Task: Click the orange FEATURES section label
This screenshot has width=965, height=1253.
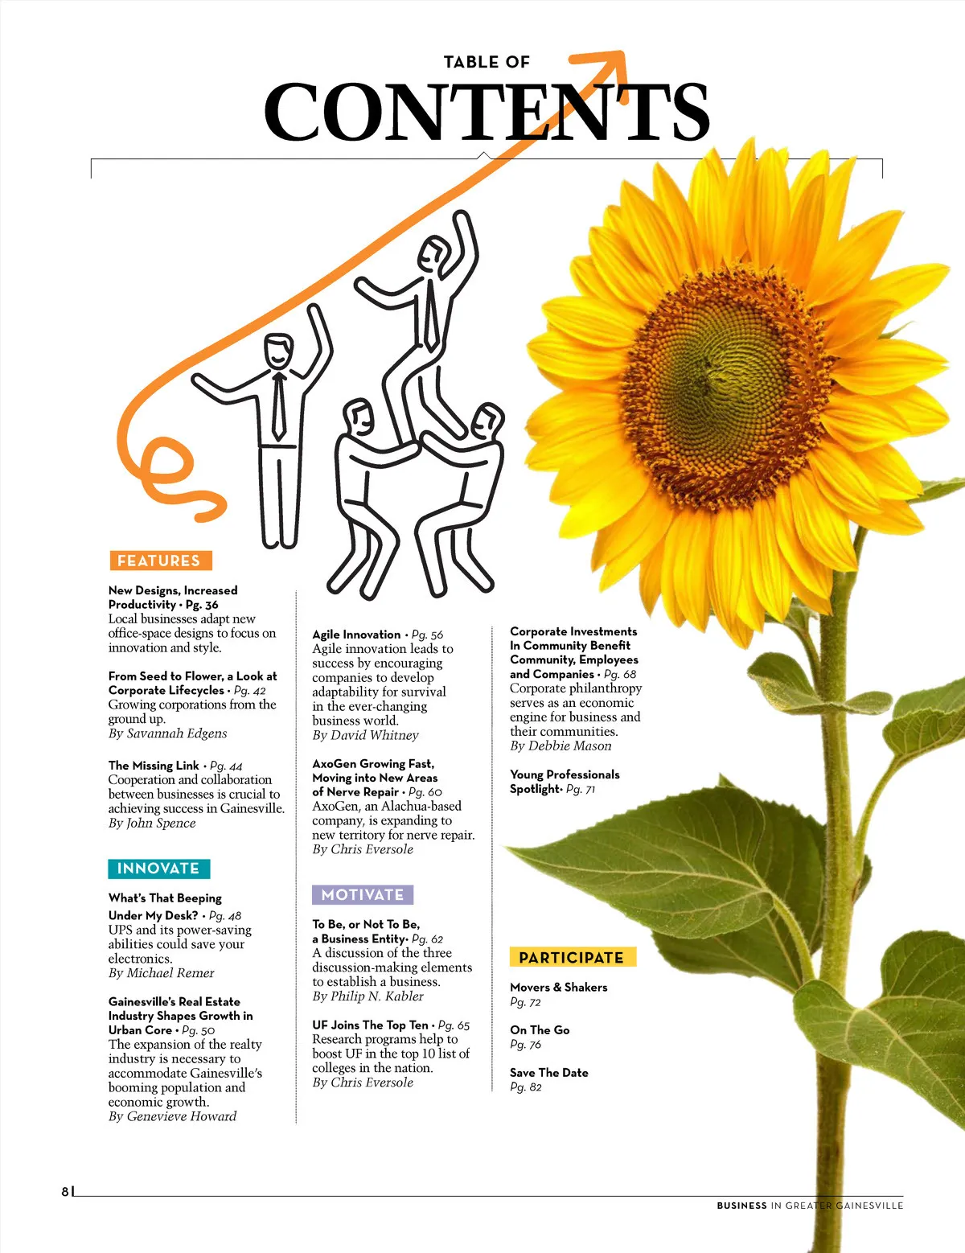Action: [160, 561]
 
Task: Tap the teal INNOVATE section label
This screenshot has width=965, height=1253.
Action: [158, 869]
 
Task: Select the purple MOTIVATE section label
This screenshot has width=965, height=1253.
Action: [363, 894]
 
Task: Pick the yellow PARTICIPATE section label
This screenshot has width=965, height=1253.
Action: [572, 957]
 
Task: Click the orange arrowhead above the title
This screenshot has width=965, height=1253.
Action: [611, 62]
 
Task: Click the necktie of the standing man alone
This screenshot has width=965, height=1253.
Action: [278, 406]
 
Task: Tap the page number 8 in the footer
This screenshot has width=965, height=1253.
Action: [65, 1192]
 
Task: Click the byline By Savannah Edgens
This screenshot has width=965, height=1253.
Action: [167, 733]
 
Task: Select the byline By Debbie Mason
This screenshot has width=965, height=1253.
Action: [561, 746]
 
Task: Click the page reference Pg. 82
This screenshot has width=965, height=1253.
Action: [526, 1087]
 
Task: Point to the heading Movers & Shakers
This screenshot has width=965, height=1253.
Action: [558, 987]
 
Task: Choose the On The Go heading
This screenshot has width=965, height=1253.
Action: [540, 1029]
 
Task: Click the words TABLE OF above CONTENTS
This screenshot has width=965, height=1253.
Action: [487, 62]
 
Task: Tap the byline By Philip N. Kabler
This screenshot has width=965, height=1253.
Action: [368, 996]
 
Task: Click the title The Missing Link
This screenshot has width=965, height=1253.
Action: [154, 765]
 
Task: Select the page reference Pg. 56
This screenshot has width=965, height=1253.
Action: [427, 635]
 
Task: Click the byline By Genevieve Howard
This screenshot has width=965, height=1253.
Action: [172, 1115]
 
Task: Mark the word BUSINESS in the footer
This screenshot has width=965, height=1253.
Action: [741, 1206]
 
